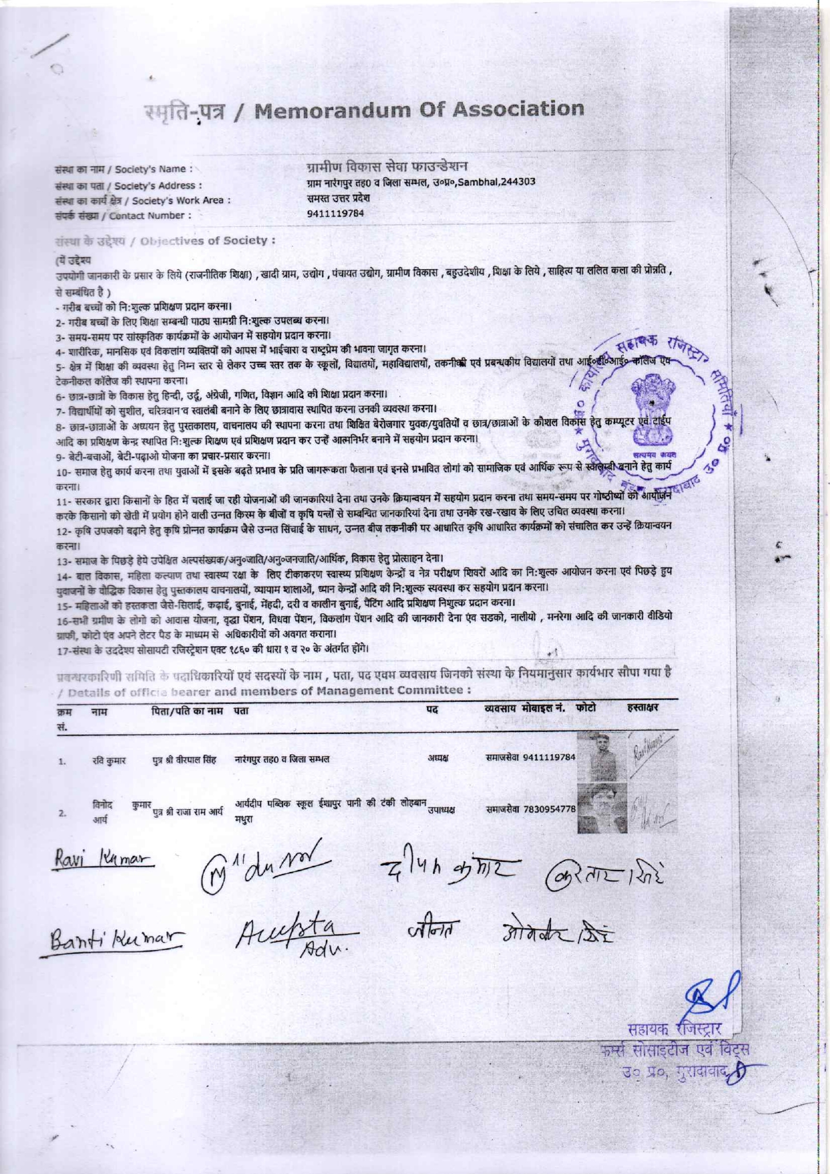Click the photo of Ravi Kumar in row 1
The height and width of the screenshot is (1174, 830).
click(x=601, y=757)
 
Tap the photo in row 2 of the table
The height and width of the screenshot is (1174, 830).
click(x=601, y=807)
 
